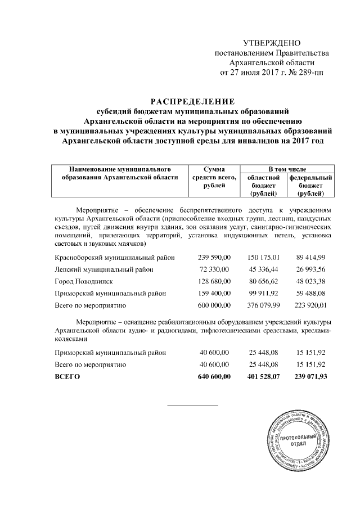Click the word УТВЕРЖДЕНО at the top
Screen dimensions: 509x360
(x=272, y=43)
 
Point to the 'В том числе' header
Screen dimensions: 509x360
(x=287, y=168)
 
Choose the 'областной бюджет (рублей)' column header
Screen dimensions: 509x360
(x=263, y=185)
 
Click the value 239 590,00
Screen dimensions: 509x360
(x=214, y=257)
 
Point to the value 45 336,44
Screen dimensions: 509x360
(x=263, y=269)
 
